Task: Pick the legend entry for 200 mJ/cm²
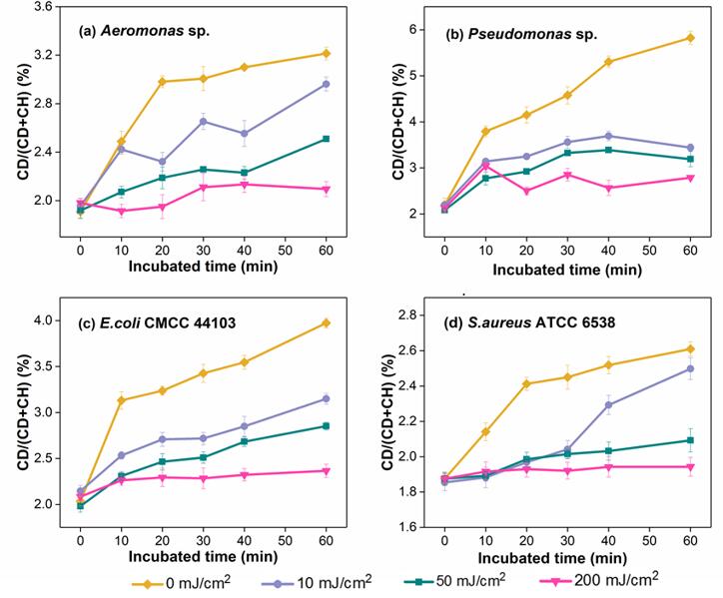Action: pyautogui.click(x=631, y=579)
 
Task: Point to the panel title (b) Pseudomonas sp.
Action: pyautogui.click(x=520, y=35)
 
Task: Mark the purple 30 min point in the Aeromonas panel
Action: pyautogui.click(x=203, y=122)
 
